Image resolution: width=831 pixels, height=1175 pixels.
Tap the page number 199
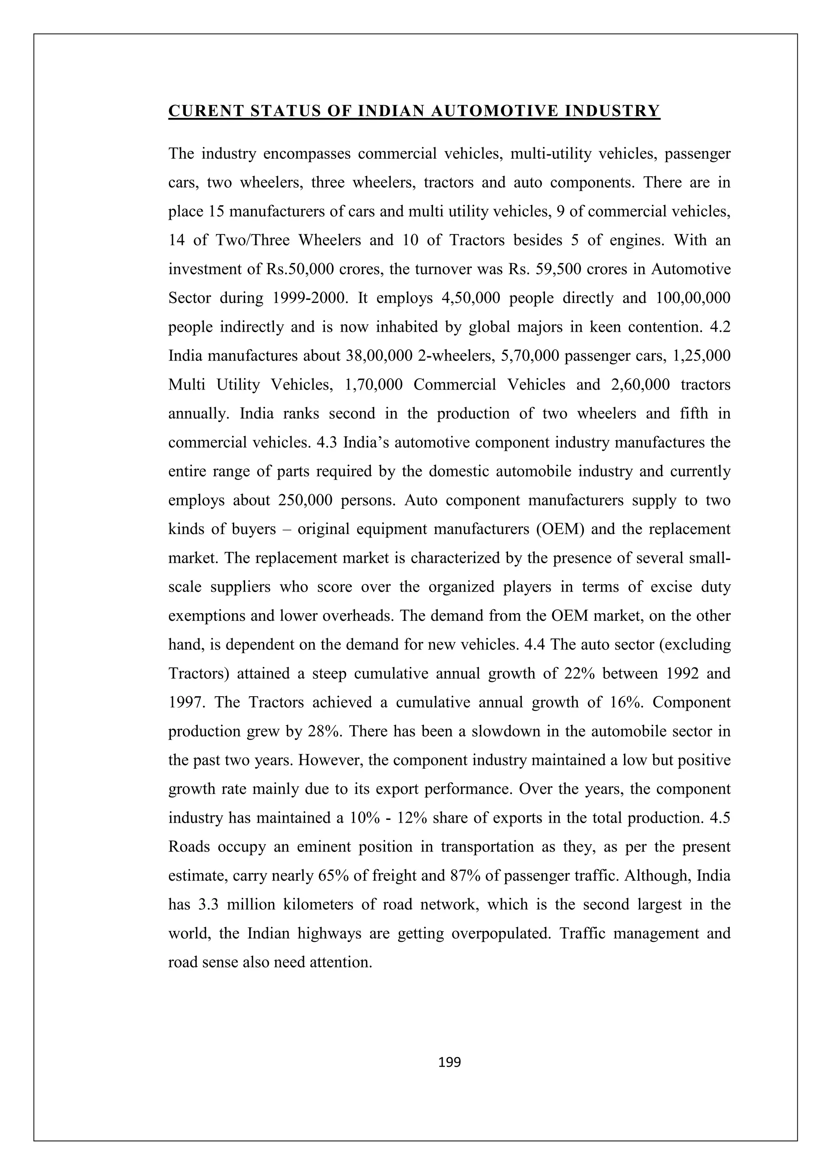click(450, 1062)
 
